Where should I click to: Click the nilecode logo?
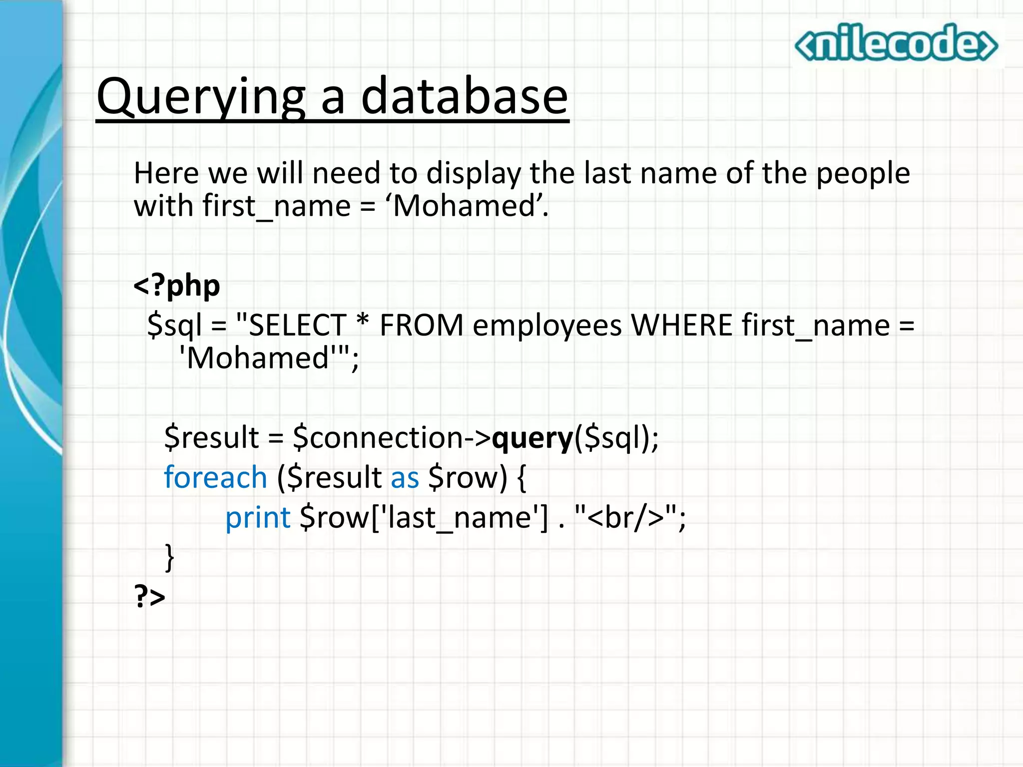click(896, 44)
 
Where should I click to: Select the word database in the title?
click(464, 96)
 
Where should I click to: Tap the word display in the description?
click(474, 174)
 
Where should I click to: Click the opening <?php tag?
click(177, 286)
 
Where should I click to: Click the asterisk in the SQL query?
click(363, 322)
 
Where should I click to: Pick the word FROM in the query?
click(421, 326)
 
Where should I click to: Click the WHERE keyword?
click(681, 326)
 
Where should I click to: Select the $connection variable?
click(379, 437)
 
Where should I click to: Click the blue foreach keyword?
click(215, 477)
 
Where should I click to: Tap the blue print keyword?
click(258, 518)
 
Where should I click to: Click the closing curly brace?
click(170, 557)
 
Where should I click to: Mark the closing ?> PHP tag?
click(149, 597)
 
